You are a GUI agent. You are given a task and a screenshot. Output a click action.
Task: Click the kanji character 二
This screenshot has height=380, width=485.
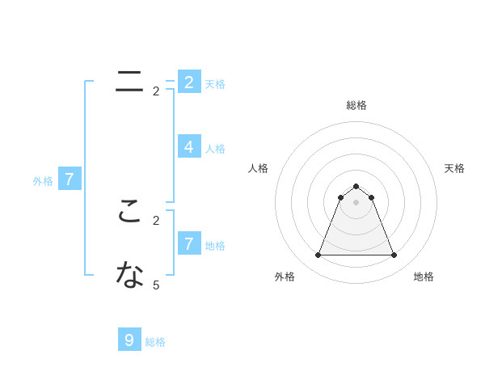point(129,81)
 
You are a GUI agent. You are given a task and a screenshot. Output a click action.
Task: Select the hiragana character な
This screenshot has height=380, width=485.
point(129,276)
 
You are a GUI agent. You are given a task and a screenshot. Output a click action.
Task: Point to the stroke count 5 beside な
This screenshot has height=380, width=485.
point(156,285)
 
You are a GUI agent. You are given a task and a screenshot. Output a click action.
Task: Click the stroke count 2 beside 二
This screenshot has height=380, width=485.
point(156,91)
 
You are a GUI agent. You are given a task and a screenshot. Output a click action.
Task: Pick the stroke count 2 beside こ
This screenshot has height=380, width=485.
point(156,220)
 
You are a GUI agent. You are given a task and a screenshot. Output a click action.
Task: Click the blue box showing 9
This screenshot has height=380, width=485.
point(129,340)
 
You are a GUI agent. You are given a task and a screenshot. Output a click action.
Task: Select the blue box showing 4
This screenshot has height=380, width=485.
point(188,146)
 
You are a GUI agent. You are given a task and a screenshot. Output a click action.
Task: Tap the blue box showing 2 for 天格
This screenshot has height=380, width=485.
point(188,82)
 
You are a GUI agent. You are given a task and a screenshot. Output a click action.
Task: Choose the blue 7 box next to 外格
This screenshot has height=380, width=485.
point(70,179)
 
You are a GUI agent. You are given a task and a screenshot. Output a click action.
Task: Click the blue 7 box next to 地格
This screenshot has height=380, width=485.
point(188,243)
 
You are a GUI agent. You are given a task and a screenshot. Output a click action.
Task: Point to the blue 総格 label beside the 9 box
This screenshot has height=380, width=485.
point(155,342)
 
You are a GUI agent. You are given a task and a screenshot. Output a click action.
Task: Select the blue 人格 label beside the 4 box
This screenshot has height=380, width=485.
point(215,149)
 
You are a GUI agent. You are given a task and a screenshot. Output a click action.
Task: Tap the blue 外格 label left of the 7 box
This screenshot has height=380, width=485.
point(43,181)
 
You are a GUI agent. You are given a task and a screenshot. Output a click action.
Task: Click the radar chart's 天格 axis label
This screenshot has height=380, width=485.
point(454,168)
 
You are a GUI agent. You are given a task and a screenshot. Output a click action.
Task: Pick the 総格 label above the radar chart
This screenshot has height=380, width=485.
point(356,105)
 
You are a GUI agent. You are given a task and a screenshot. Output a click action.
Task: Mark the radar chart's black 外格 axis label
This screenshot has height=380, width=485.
point(285,277)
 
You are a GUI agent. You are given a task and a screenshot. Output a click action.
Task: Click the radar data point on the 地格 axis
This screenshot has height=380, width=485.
point(394,255)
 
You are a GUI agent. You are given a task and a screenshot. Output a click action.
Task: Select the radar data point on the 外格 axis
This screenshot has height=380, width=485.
point(318,255)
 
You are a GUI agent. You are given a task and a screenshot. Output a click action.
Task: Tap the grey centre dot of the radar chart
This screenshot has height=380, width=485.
point(356,202)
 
